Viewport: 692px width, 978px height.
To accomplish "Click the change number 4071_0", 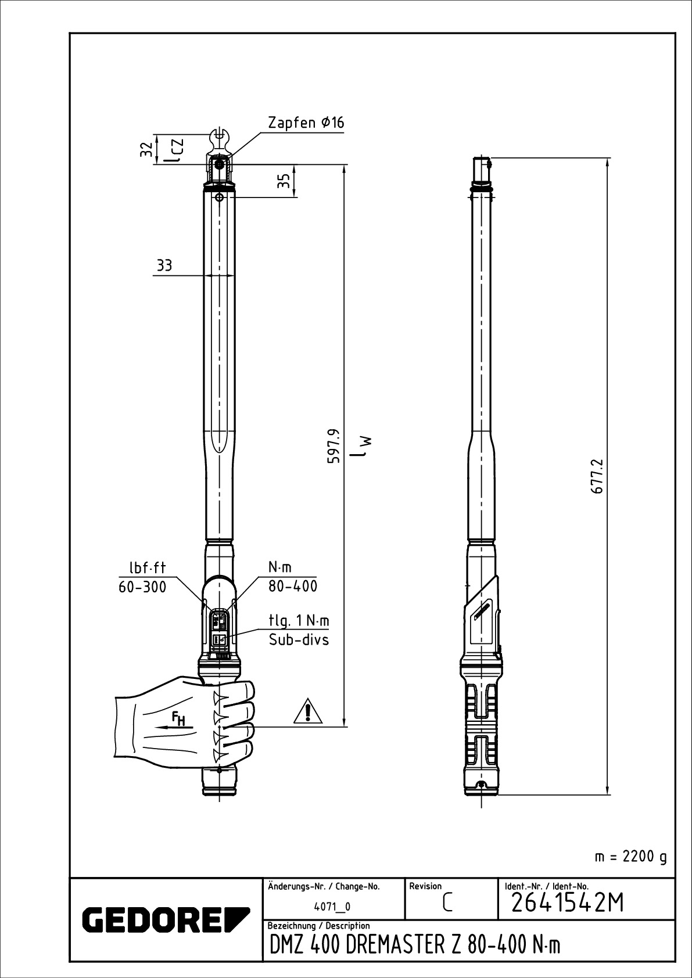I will coord(332,907).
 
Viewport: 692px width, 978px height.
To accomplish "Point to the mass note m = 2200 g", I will coord(631,857).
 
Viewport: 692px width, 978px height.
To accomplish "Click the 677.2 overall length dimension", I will coord(599,477).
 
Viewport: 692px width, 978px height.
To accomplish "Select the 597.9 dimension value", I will coord(334,445).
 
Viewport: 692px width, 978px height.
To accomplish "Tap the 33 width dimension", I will coord(164,266).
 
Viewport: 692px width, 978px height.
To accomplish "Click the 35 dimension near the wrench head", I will coord(284,181).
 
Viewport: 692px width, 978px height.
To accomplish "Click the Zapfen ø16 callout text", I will coord(306,123).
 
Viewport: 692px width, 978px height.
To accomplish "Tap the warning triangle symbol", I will coord(308,712).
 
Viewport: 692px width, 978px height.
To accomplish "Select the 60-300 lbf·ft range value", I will coord(142,587).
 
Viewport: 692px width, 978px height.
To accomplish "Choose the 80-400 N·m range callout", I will coord(293,586).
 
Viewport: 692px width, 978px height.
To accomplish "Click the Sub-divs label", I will coord(299,640).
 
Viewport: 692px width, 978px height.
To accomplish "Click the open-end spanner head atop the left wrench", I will coord(219,139).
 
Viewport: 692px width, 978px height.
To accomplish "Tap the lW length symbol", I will coord(365,445).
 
